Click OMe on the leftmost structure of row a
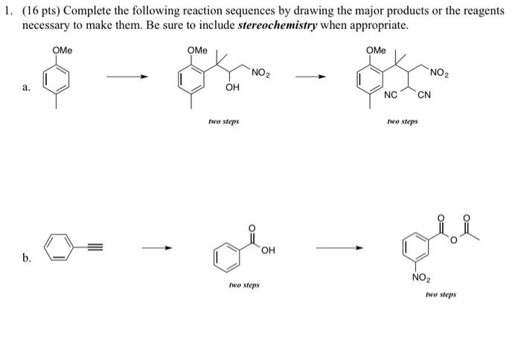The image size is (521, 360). pyautogui.click(x=62, y=51)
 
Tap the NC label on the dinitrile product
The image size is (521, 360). pyautogui.click(x=390, y=94)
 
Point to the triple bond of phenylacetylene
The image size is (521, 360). pyautogui.click(x=90, y=242)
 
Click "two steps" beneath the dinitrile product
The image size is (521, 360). pyautogui.click(x=403, y=119)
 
